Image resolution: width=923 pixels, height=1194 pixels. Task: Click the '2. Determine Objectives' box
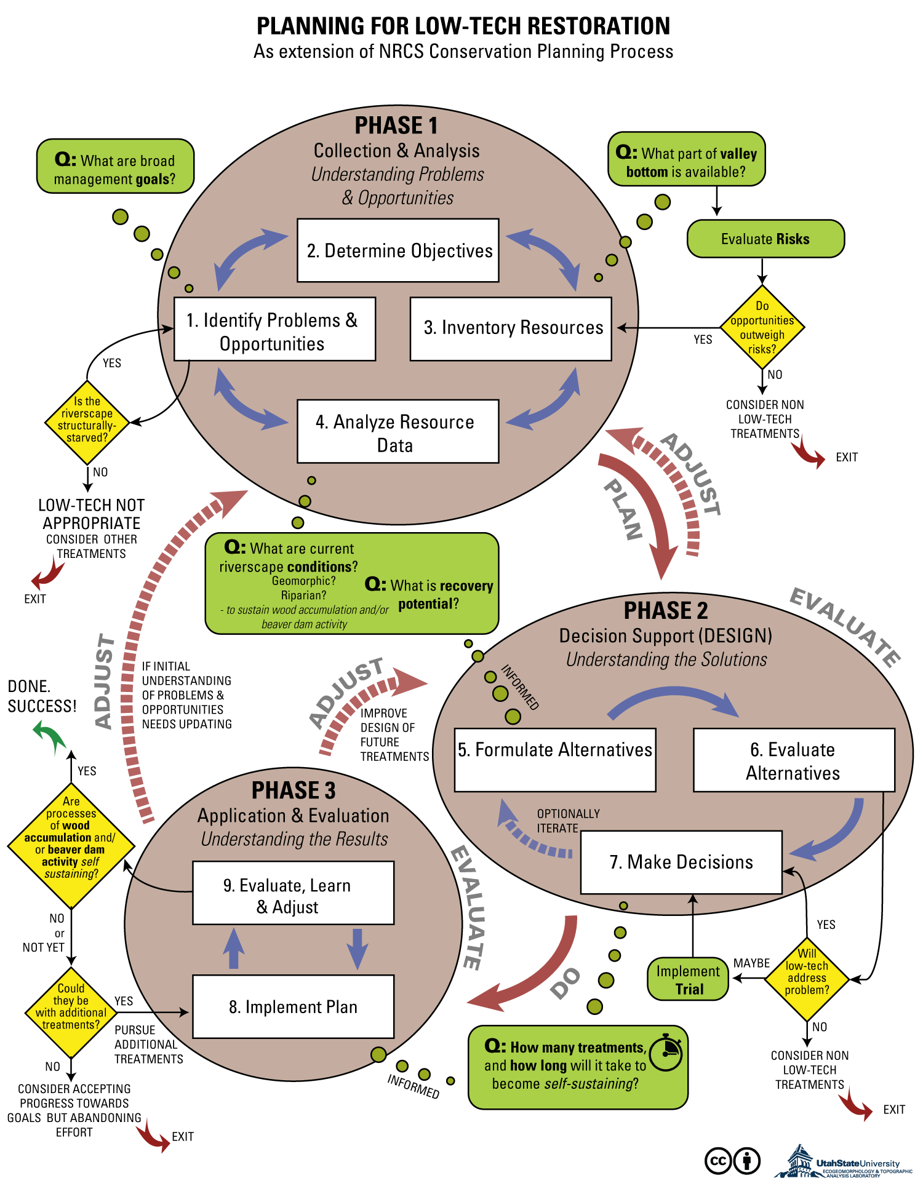(x=398, y=250)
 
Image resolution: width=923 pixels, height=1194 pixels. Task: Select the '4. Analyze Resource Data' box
(x=398, y=431)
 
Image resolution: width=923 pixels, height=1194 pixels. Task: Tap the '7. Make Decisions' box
(x=681, y=862)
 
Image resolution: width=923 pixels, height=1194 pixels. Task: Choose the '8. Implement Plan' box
(x=294, y=1006)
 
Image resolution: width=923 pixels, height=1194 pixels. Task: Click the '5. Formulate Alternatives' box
(x=555, y=760)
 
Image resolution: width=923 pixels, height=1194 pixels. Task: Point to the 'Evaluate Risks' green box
(x=765, y=239)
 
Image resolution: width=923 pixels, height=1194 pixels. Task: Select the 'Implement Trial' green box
(x=688, y=979)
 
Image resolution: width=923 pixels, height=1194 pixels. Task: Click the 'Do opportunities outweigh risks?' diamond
(x=762, y=327)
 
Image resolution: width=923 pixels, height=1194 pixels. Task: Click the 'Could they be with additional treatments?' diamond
(x=71, y=1012)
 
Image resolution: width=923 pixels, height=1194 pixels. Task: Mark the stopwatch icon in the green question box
(x=666, y=1053)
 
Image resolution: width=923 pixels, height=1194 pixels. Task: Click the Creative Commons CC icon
(x=718, y=1161)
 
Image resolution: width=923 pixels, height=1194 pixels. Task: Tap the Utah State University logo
(x=843, y=1161)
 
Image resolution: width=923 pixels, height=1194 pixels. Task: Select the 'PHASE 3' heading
(x=294, y=790)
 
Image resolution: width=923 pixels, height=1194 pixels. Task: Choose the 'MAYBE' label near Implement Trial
(x=751, y=963)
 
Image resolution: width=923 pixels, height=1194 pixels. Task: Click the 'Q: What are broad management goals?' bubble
(x=116, y=166)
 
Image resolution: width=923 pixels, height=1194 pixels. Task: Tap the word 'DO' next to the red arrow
(x=565, y=982)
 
